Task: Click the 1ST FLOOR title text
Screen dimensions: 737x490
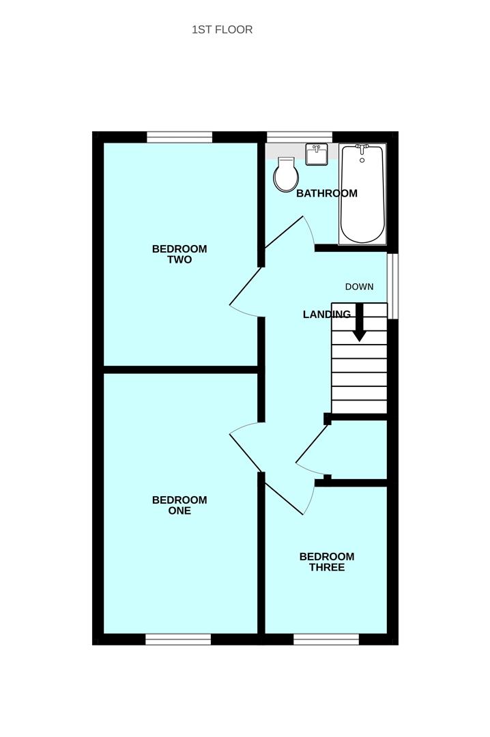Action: pos(222,29)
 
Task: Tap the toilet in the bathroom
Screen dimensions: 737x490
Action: pos(286,175)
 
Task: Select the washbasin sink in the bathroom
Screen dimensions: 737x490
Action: pos(317,155)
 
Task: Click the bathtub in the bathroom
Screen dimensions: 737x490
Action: pos(362,196)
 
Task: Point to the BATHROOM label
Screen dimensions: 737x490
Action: pos(326,193)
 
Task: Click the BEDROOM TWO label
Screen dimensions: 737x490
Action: pos(179,255)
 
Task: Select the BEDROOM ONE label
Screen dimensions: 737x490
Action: pos(179,506)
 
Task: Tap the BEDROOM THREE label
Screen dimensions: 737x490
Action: pos(326,562)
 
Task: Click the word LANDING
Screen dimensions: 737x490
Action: pos(326,315)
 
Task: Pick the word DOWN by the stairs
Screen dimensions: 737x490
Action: pos(359,287)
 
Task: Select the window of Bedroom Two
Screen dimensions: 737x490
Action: pos(179,137)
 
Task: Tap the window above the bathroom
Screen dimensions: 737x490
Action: pos(299,137)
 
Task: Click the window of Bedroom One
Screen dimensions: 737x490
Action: pos(178,639)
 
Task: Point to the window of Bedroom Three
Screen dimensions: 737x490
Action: pos(326,639)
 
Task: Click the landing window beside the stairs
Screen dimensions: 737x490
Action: pos(393,285)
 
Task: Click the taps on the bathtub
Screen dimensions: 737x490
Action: pos(362,147)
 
